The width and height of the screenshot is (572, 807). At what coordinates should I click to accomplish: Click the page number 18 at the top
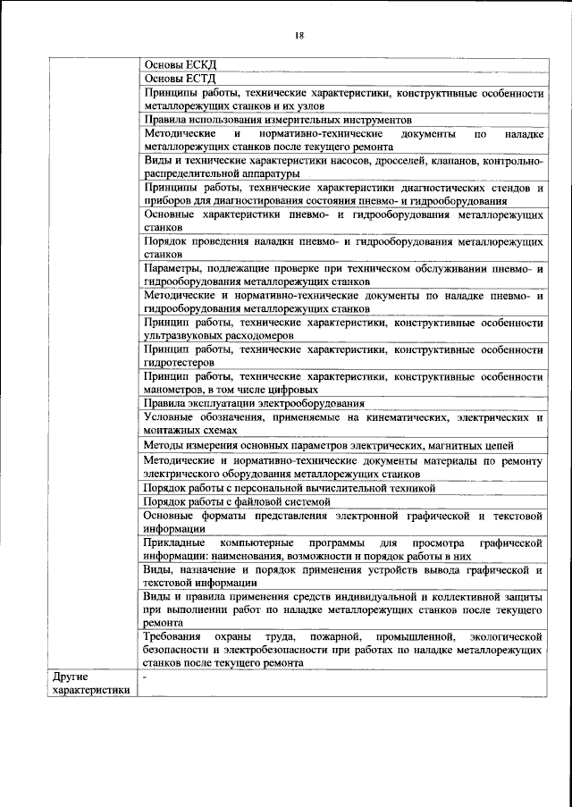click(x=299, y=35)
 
